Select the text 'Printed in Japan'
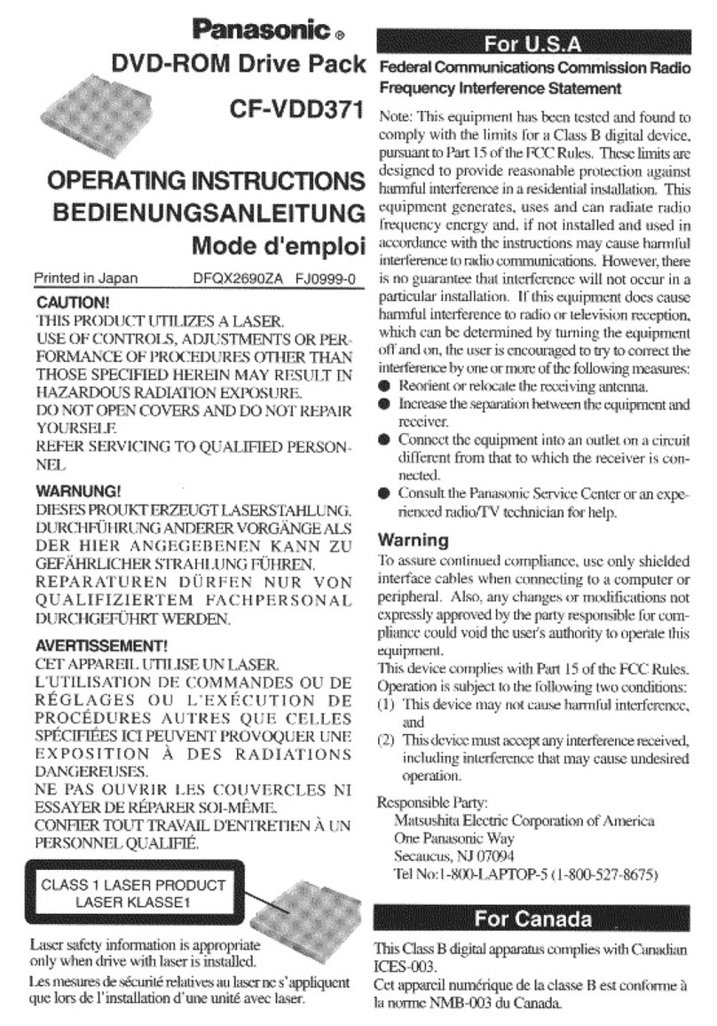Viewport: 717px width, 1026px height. click(86, 279)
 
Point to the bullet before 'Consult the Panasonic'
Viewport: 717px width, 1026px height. click(384, 494)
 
